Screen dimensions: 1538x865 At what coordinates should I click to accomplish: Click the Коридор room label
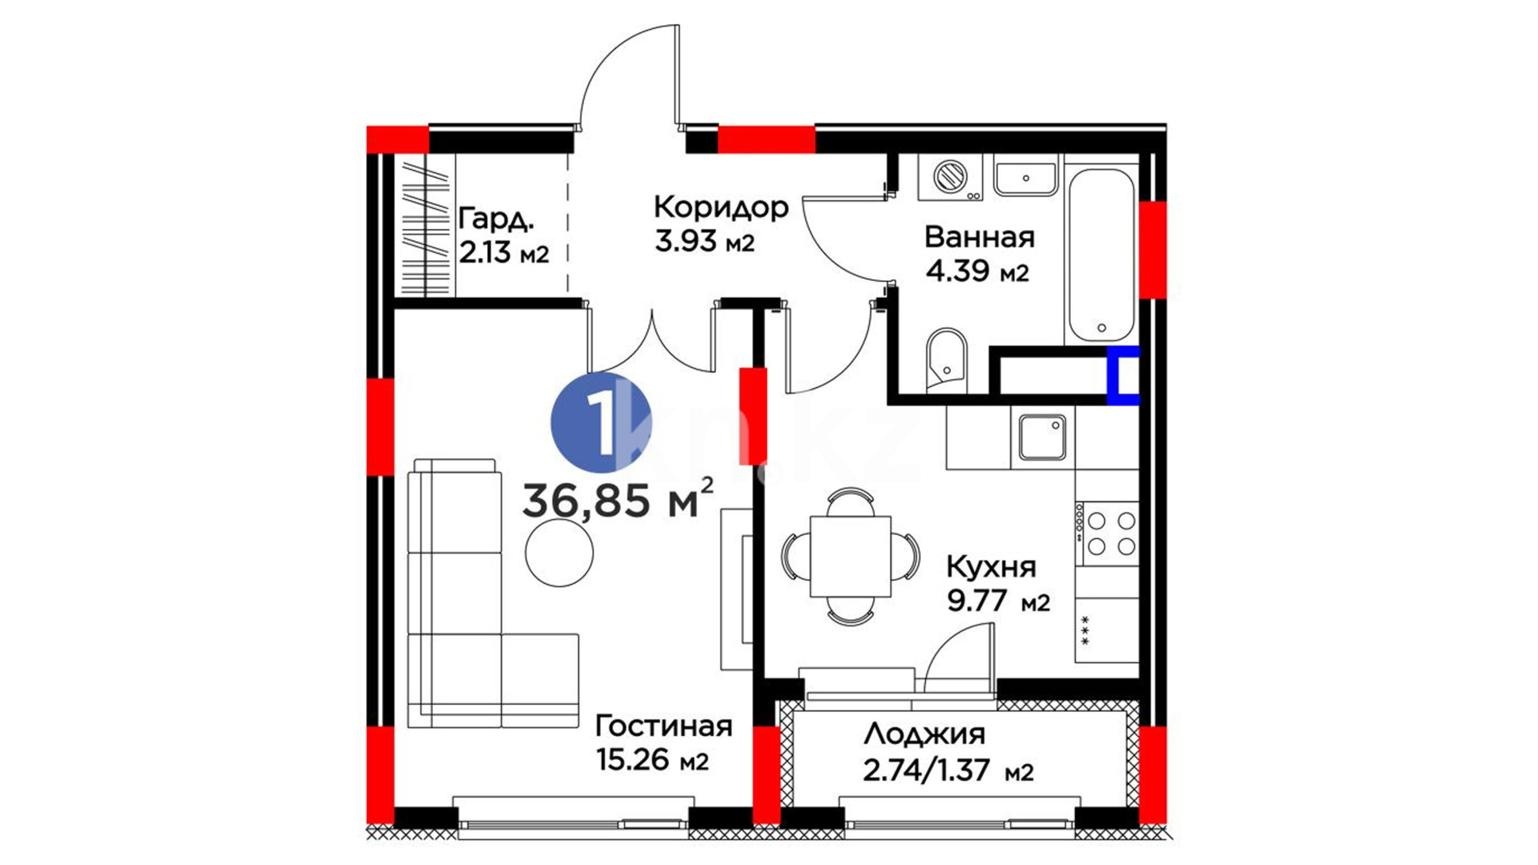click(721, 207)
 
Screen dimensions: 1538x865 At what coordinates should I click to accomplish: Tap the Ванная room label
click(979, 237)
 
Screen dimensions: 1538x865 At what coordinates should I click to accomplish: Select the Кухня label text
click(991, 567)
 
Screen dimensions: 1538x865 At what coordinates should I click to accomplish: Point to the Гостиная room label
click(664, 726)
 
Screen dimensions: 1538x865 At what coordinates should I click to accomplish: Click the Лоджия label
click(924, 734)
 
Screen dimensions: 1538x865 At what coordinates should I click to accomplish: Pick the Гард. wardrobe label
click(496, 219)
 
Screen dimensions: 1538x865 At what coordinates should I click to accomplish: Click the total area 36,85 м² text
click(617, 500)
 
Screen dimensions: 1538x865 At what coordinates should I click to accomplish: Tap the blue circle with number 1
click(601, 422)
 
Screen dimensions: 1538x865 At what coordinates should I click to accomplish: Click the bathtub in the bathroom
click(1101, 255)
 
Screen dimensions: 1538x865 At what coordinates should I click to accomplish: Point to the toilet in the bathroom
click(947, 360)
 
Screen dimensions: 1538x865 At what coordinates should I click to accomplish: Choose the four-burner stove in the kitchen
click(1107, 533)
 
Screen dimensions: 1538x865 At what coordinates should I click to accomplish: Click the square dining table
click(851, 557)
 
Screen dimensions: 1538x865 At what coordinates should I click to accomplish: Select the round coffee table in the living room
click(560, 552)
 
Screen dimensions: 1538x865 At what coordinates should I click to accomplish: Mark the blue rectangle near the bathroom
click(1123, 375)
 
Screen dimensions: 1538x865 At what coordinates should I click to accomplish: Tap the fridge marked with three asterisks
click(1107, 630)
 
